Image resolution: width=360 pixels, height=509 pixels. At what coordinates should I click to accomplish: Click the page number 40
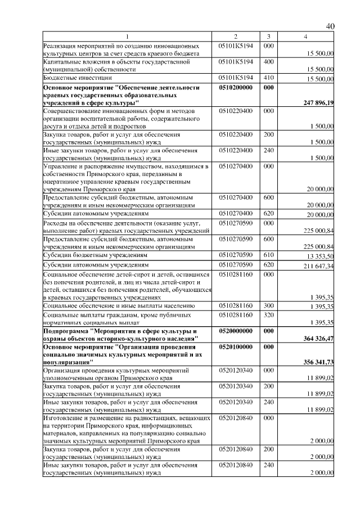coord(330,26)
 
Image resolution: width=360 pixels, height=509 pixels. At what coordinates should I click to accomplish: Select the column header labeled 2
coord(236,37)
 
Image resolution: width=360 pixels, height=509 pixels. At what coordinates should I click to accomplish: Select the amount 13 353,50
coord(319,255)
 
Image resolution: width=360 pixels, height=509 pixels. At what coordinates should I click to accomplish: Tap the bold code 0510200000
coord(236,88)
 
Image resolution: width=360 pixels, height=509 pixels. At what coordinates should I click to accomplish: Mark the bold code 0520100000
coord(236,348)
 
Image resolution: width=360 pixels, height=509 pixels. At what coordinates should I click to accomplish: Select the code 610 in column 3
coord(268,255)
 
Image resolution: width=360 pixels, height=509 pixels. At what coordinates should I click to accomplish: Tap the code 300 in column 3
coord(268,305)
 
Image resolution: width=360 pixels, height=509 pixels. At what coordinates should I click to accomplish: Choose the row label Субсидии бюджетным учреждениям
coord(96,255)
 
